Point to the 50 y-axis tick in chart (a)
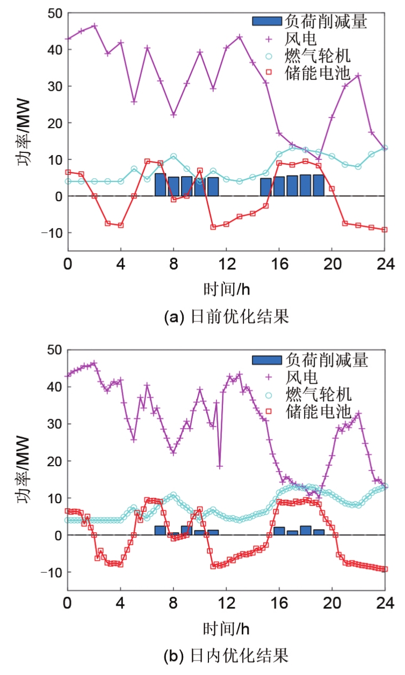coord(55,13)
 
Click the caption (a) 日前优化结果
coord(226,317)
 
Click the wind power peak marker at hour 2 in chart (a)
coord(94,25)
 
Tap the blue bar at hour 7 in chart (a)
coord(160,185)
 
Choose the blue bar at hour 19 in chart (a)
coord(319,185)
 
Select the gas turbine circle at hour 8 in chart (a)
coord(173,157)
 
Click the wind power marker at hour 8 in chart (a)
coord(173,115)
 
